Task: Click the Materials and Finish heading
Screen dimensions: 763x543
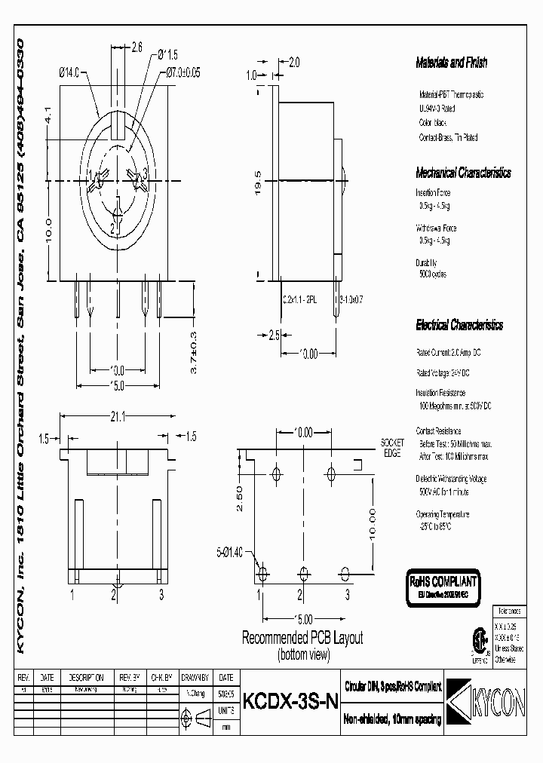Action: [451, 63]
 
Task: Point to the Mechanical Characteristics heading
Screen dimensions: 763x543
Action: [463, 173]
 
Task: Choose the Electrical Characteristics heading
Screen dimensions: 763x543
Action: [459, 326]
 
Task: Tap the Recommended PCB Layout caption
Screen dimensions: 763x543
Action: [302, 638]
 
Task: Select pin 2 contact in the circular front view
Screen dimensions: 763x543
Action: [115, 225]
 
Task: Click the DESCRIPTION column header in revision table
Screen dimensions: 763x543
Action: [87, 677]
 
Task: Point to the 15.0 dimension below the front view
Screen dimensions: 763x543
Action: [117, 386]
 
